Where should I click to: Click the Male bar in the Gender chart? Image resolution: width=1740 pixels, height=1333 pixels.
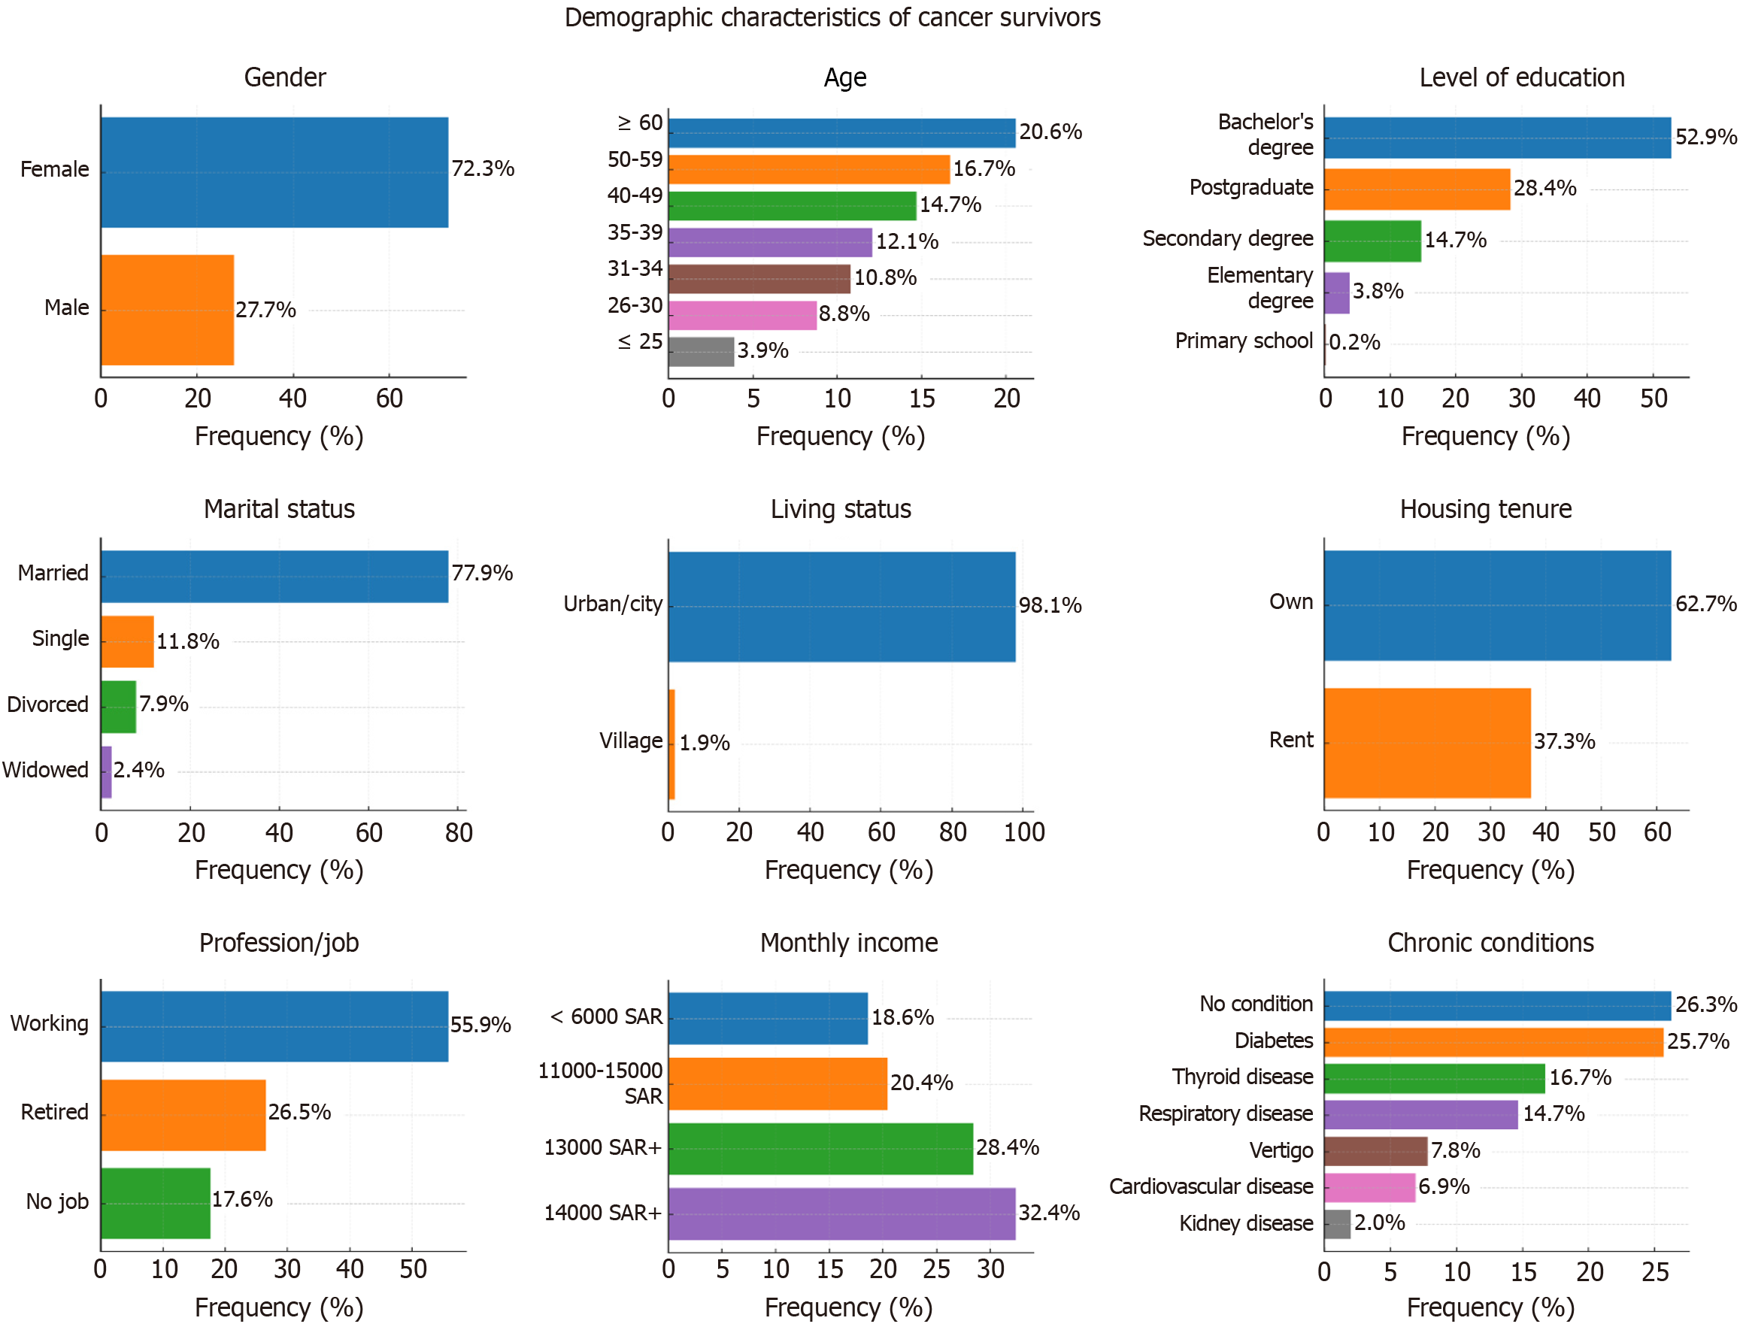click(168, 310)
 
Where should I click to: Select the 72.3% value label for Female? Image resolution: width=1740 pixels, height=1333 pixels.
click(483, 169)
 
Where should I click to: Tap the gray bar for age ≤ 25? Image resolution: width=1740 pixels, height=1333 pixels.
click(701, 352)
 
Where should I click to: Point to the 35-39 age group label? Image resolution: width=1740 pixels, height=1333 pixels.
click(635, 232)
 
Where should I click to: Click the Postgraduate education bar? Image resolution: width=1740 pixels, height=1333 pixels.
click(1416, 189)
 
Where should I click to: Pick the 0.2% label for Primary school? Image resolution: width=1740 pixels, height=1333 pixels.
click(1354, 342)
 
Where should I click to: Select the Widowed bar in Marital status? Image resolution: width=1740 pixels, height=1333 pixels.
click(106, 771)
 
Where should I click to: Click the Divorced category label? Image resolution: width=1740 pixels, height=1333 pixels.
click(47, 704)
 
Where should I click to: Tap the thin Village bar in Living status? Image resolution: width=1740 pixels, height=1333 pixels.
click(671, 744)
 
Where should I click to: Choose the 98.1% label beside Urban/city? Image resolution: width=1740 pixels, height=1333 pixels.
click(1050, 605)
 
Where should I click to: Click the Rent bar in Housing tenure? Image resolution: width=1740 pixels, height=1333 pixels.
click(1426, 743)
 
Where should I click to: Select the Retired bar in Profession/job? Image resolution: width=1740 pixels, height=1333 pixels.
click(183, 1114)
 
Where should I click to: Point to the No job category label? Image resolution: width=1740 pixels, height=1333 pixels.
click(57, 1201)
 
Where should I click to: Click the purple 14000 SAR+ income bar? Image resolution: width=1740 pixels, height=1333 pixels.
click(841, 1213)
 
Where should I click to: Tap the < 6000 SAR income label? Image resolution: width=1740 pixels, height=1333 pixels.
click(606, 1016)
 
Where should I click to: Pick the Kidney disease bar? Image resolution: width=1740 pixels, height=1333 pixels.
click(1337, 1223)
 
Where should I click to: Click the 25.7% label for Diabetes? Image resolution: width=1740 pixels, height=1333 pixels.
click(1697, 1041)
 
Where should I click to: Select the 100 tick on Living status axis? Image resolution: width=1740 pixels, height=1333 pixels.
click(1023, 832)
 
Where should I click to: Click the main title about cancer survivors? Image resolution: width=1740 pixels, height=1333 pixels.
click(832, 17)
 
